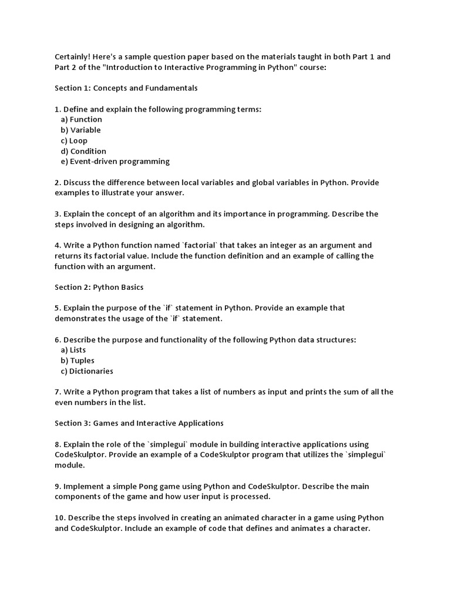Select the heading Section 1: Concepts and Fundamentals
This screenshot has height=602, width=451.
126,88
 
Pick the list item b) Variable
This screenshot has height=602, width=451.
80,130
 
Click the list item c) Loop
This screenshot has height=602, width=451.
74,141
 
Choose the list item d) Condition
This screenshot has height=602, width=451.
83,151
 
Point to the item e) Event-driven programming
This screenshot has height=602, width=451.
115,161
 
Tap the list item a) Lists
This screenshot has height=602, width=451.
73,350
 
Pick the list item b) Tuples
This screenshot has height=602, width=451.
78,360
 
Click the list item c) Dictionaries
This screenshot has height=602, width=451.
87,371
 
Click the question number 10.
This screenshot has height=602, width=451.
60,518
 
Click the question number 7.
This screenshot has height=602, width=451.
58,392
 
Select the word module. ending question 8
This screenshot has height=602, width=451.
70,465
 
